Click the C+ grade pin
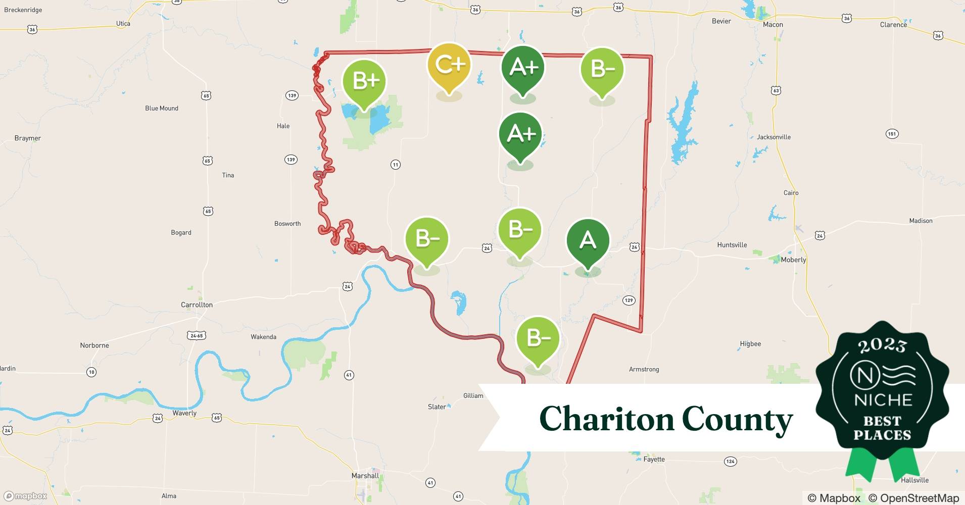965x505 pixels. (x=449, y=66)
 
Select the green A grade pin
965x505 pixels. (x=588, y=241)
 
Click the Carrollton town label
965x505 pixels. (x=197, y=305)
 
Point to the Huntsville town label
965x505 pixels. (x=732, y=245)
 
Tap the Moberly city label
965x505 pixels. (x=793, y=260)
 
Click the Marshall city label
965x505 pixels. (x=365, y=476)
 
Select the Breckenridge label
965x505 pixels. (x=23, y=10)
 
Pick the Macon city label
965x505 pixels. (x=773, y=24)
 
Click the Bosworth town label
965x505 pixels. (x=287, y=224)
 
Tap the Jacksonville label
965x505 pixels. (x=774, y=137)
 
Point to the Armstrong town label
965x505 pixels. (x=644, y=369)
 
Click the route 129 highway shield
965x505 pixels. (x=629, y=300)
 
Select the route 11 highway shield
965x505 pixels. (x=395, y=165)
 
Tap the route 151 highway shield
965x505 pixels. (x=892, y=134)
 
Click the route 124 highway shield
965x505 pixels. (x=730, y=461)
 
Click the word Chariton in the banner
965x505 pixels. (x=606, y=419)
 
